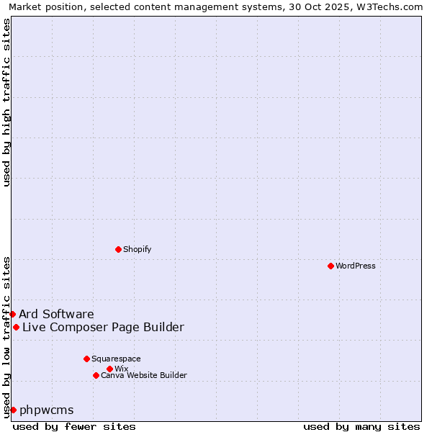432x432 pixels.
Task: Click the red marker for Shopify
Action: click(118, 249)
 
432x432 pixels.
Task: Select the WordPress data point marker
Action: click(330, 266)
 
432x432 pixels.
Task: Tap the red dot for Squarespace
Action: click(86, 359)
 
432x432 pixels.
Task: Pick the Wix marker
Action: click(109, 369)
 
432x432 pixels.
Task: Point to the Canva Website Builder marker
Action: click(96, 375)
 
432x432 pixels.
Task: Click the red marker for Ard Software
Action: click(12, 314)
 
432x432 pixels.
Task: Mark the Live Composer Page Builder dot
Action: click(16, 327)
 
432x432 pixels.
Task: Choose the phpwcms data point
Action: click(13, 410)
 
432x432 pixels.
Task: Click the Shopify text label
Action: click(137, 249)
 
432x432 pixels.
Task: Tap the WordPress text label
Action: click(356, 266)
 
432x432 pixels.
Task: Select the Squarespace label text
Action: click(116, 359)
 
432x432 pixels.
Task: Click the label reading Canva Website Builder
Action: click(144, 375)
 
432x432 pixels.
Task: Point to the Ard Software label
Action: click(56, 314)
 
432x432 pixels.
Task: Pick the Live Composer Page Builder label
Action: click(103, 327)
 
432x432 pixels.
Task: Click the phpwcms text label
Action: click(47, 410)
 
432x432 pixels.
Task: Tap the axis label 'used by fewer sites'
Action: click(74, 426)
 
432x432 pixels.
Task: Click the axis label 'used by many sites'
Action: click(361, 426)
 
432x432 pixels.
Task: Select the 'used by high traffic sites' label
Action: click(6, 102)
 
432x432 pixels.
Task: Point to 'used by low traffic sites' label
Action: click(6, 337)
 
